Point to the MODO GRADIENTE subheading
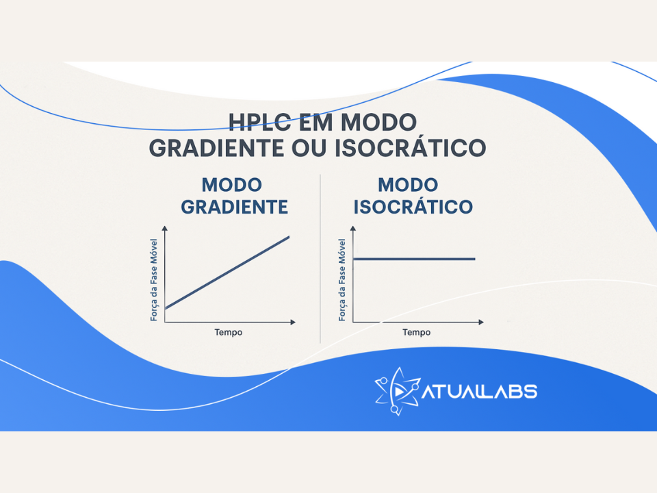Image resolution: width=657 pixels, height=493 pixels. coord(234,196)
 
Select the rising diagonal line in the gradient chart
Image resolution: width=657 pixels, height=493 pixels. coord(227,273)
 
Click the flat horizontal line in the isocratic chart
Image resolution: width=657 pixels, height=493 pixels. coord(414,259)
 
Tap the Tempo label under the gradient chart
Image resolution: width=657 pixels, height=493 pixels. coord(228,332)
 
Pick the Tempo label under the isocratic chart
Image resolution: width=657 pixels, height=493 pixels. coord(416,332)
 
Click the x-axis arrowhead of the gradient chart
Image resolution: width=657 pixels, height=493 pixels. coord(293,321)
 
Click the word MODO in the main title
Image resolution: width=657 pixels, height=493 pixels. coord(378,123)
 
